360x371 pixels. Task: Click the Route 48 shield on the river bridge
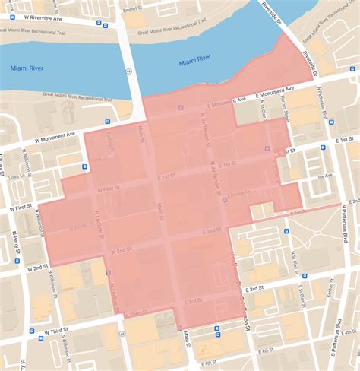[x=130, y=70]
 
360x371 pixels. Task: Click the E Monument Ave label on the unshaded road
[x=279, y=88]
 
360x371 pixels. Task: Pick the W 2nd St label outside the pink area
[x=36, y=268]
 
